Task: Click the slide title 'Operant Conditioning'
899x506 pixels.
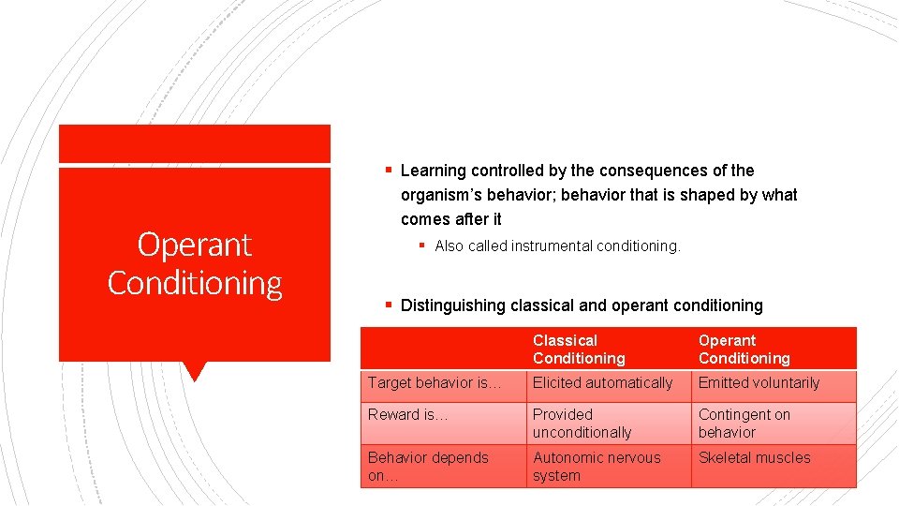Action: pos(195,263)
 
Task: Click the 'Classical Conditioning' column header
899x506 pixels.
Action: pos(579,350)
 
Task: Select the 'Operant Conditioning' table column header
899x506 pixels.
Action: pos(744,350)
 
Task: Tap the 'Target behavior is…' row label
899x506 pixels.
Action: pos(435,383)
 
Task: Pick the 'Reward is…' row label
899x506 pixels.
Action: pos(407,415)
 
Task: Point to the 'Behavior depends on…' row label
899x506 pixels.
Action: pos(428,467)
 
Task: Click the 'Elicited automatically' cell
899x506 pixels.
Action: pos(602,383)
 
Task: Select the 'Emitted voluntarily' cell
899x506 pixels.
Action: pos(759,383)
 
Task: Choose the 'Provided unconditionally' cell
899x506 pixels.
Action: pos(582,424)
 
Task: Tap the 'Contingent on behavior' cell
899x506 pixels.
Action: pos(744,424)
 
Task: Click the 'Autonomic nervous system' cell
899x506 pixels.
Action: pos(597,467)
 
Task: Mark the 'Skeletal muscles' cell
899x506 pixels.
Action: pos(754,458)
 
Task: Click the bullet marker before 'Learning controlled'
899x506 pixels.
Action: pos(388,171)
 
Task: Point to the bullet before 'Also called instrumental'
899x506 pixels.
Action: pos(422,246)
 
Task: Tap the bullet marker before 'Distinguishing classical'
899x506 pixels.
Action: pos(388,305)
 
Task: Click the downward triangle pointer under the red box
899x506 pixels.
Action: pos(195,371)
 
